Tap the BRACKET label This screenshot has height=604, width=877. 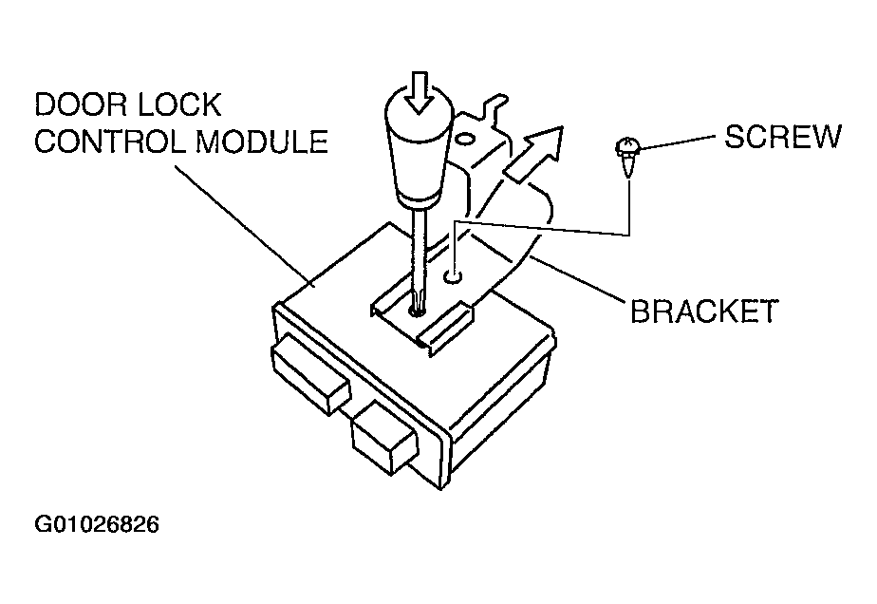pos(703,311)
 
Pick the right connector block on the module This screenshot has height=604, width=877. pos(385,437)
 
